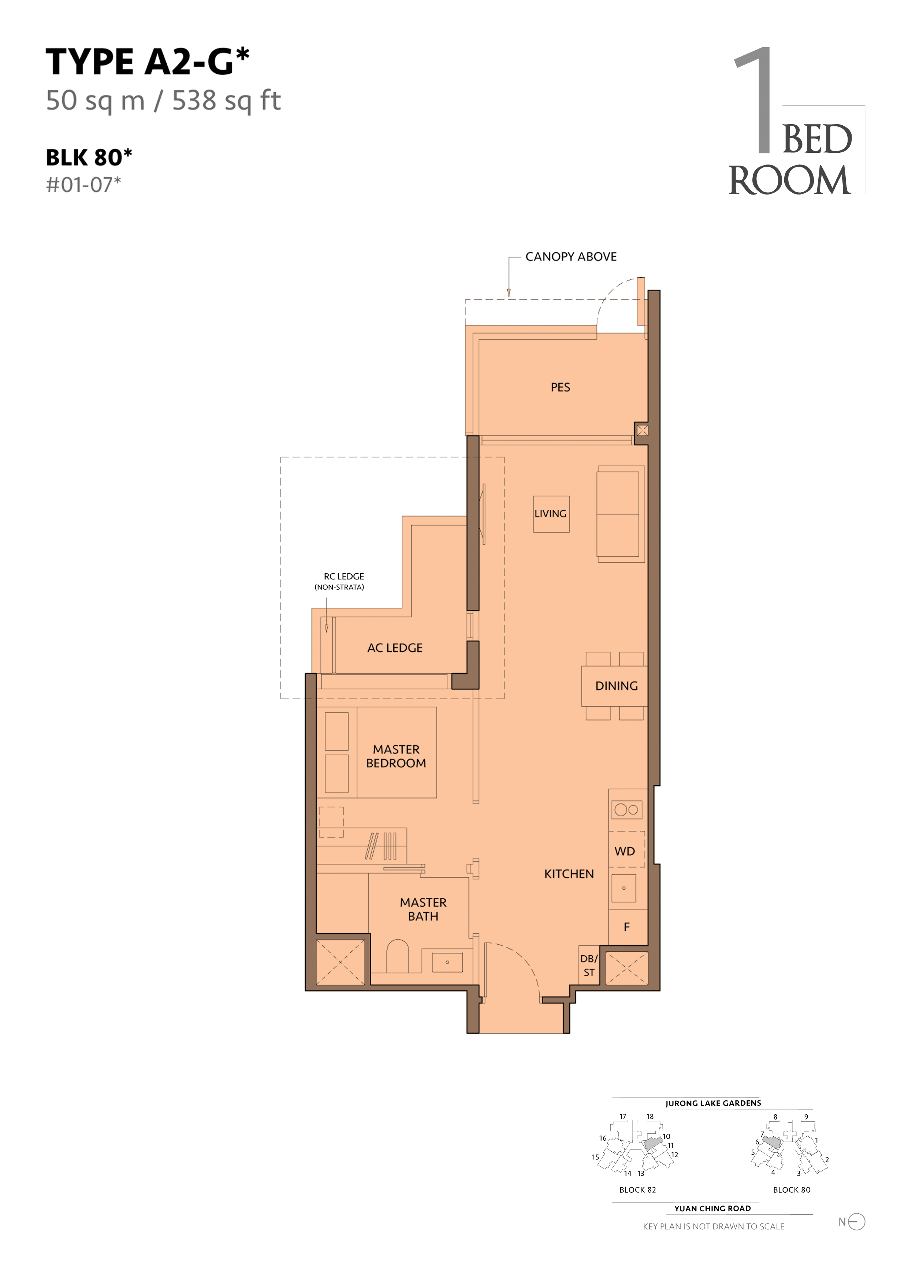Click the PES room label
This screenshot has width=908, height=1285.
click(560, 387)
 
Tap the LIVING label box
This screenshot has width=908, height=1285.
click(551, 514)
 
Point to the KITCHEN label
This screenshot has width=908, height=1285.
click(569, 874)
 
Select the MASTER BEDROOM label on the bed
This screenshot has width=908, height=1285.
click(396, 756)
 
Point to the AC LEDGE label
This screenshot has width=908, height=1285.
click(395, 648)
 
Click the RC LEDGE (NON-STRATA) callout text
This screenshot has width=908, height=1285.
click(340, 581)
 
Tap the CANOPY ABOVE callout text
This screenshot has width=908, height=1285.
click(571, 257)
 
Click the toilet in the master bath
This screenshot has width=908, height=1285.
click(397, 956)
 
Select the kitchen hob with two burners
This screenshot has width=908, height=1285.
click(626, 809)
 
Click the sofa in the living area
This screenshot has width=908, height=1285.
click(620, 514)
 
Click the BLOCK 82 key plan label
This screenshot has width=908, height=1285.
click(637, 1190)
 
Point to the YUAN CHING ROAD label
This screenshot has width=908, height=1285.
click(712, 1208)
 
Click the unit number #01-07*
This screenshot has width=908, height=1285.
click(83, 185)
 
